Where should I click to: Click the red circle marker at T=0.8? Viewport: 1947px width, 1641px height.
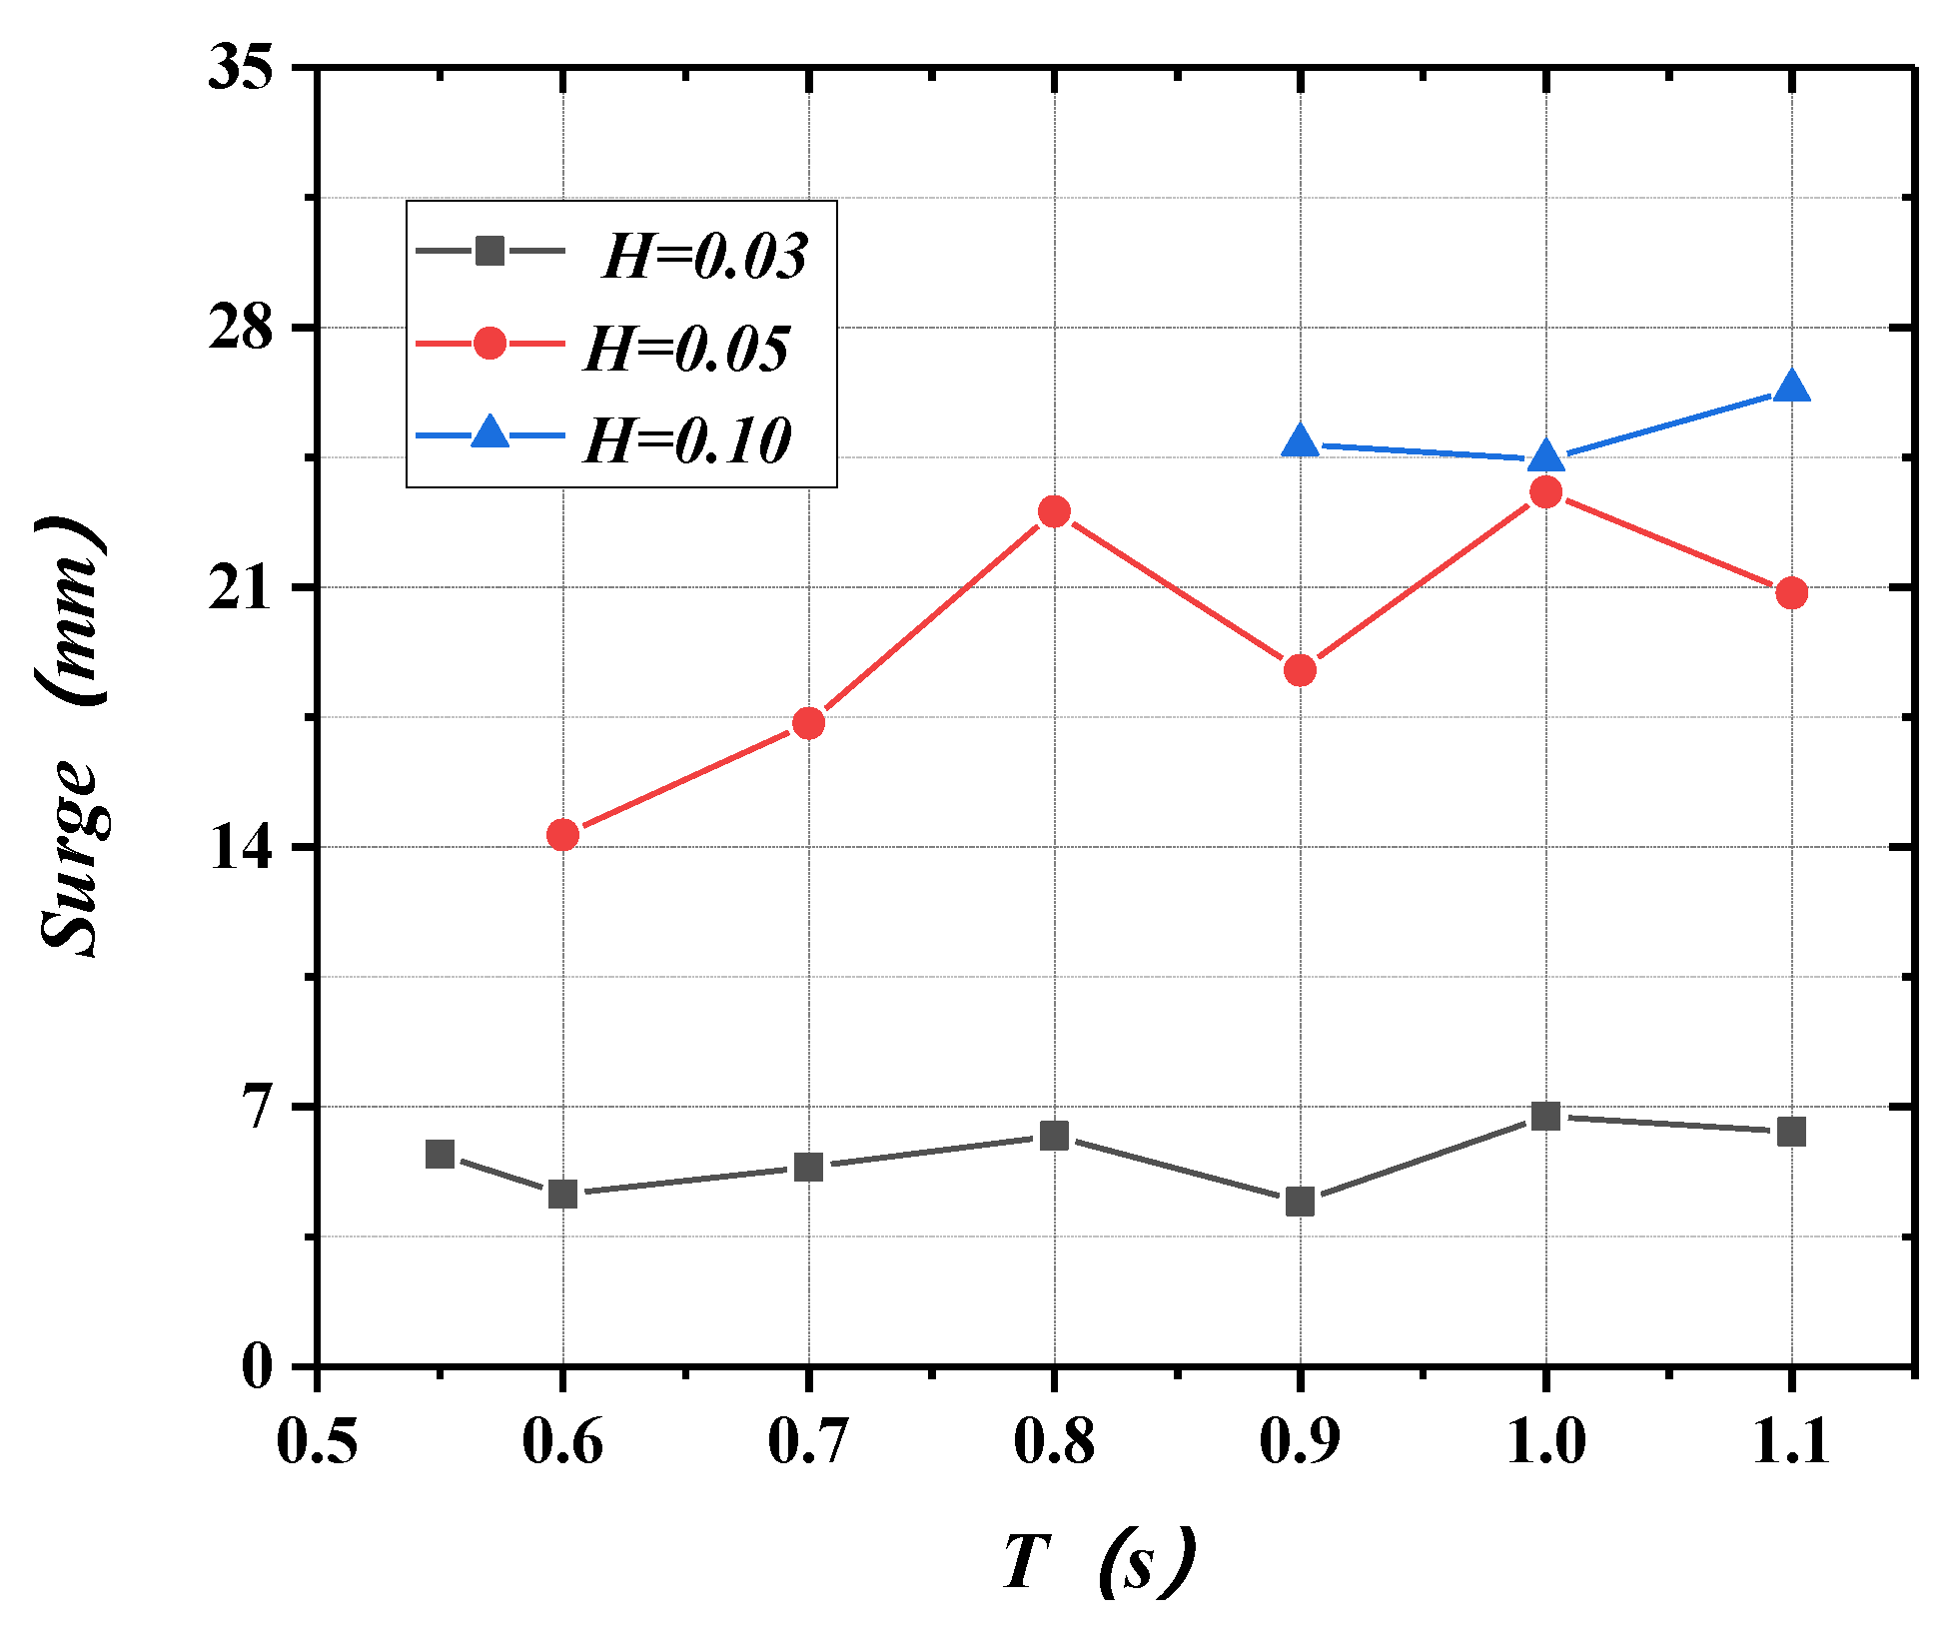pyautogui.click(x=1054, y=512)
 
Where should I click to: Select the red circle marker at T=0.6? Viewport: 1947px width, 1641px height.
pyautogui.click(x=563, y=834)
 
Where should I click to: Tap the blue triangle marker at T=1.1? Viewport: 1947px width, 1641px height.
pyautogui.click(x=1791, y=388)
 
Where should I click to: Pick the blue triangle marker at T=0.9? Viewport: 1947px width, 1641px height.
pyautogui.click(x=1300, y=441)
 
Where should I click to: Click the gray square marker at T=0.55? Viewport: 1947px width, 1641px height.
pyautogui.click(x=441, y=1154)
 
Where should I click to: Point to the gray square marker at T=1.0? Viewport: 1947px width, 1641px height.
pyautogui.click(x=1545, y=1116)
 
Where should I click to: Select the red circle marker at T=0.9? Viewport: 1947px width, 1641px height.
pyautogui.click(x=1300, y=670)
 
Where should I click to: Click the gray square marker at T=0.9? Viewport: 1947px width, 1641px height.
pyautogui.click(x=1300, y=1201)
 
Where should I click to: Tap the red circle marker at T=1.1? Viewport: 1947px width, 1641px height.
pyautogui.click(x=1791, y=592)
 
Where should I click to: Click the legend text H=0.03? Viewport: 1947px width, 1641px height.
pyautogui.click(x=704, y=257)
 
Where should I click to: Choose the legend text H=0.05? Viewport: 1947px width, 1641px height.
pyautogui.click(x=686, y=350)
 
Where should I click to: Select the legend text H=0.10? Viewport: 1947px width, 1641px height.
pyautogui.click(x=687, y=440)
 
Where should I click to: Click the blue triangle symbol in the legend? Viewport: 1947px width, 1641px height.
pyautogui.click(x=489, y=433)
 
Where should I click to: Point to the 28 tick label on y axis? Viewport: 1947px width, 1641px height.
pyautogui.click(x=241, y=327)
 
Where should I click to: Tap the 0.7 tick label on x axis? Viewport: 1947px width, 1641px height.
pyautogui.click(x=808, y=1442)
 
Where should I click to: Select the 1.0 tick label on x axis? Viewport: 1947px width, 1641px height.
pyautogui.click(x=1545, y=1442)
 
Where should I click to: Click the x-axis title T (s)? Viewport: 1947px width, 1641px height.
pyautogui.click(x=1097, y=1561)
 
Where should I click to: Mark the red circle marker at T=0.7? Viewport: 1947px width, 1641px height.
pyautogui.click(x=808, y=723)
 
